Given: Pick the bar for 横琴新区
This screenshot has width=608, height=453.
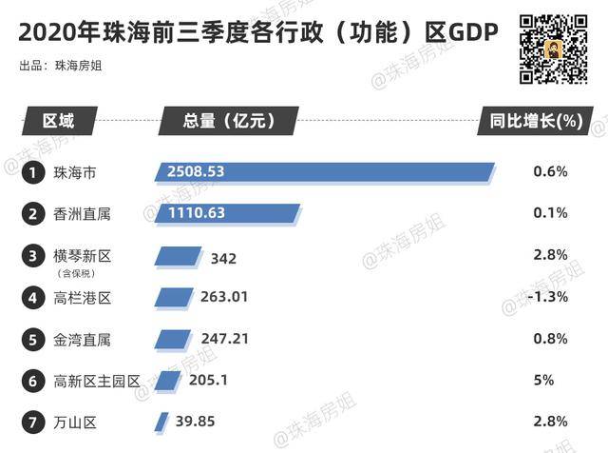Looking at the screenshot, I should (x=177, y=256).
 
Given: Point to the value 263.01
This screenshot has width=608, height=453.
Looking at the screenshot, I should (x=224, y=297).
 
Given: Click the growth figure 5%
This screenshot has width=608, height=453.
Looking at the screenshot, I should (x=549, y=380).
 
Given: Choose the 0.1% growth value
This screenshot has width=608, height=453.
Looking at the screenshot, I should (x=550, y=213).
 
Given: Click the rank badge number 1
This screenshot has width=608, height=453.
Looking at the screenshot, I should (x=33, y=172).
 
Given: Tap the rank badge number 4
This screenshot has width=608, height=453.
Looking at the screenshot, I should (x=33, y=298).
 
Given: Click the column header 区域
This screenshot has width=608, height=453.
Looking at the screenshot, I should (x=57, y=121).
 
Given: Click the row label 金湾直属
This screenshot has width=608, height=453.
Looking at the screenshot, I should (x=83, y=339).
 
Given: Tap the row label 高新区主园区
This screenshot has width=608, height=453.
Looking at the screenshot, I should (x=97, y=381).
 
